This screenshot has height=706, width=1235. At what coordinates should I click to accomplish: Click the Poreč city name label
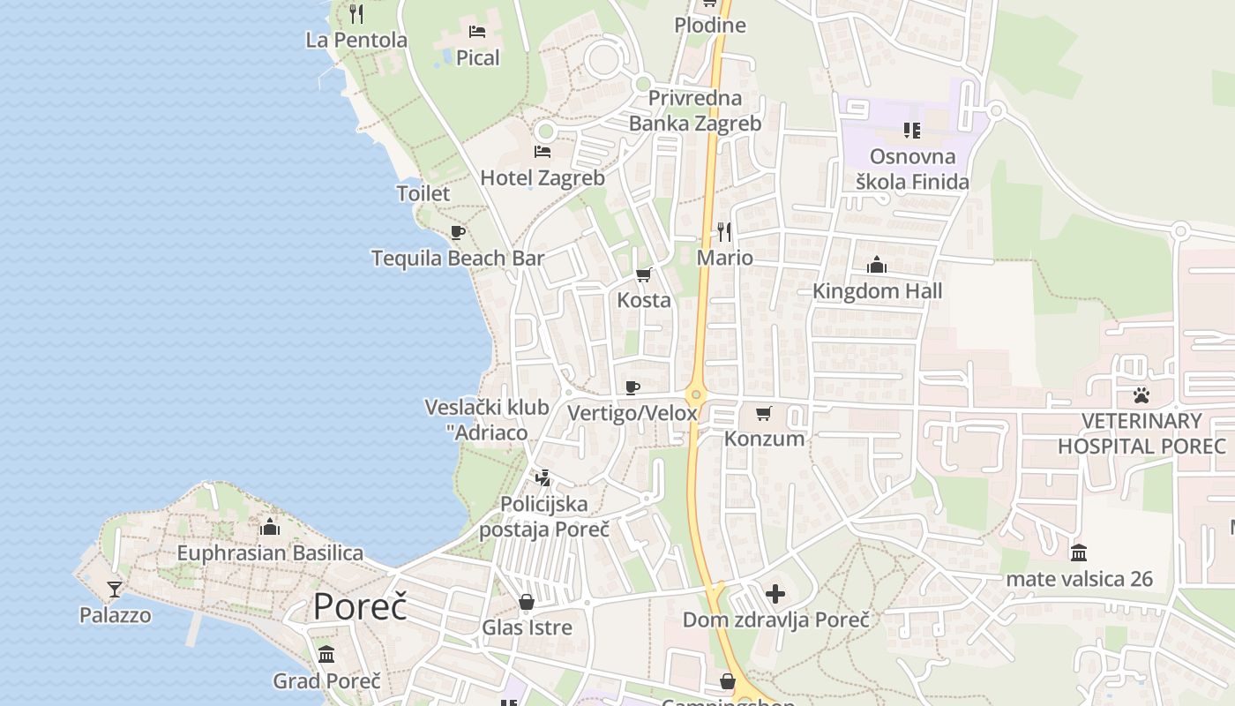pos(360,606)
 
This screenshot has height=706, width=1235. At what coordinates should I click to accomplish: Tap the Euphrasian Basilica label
pos(270,553)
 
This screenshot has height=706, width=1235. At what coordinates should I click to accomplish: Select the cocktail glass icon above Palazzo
pos(115,589)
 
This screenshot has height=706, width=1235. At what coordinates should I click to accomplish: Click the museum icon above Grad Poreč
pos(326,654)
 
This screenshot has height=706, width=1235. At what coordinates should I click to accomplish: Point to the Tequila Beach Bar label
pos(458,259)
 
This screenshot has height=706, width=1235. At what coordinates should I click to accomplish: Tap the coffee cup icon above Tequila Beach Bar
pos(458,232)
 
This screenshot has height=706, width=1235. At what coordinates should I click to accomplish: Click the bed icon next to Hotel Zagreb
pos(543,152)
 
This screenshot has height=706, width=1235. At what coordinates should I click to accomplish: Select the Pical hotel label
pos(478,58)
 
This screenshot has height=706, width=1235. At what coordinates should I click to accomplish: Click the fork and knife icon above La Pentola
pos(356,13)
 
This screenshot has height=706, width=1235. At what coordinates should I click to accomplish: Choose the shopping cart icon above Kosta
pos(644,274)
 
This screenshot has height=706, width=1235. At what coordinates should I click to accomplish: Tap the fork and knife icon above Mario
pos(724,232)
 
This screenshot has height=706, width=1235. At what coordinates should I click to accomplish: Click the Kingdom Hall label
pos(877,291)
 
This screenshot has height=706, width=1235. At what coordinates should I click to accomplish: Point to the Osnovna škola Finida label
pos(912,169)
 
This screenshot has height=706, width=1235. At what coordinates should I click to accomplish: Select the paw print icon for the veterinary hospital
pos(1141,394)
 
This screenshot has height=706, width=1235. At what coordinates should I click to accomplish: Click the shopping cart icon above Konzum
pos(764,413)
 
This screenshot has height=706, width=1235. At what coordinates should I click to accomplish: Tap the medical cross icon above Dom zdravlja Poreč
pos(775,594)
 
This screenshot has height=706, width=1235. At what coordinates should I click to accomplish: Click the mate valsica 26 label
pos(1079,580)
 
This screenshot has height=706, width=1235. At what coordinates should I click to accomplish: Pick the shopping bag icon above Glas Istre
pos(527,602)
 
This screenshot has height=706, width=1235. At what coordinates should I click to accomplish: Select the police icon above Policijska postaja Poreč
pos(543,477)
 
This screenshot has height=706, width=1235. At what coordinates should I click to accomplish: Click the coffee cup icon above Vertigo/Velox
pos(632,387)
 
